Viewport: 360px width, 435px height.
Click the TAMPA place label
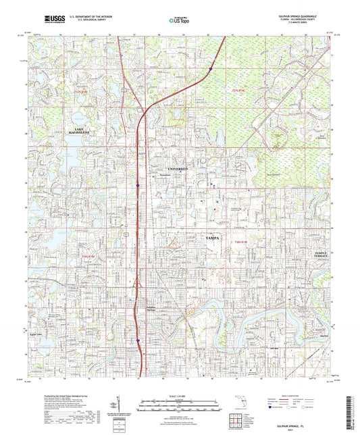pyautogui.click(x=208, y=238)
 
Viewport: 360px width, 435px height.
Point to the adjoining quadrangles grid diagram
pyautogui.click(x=238, y=420)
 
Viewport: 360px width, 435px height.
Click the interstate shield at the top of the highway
pyautogui.click(x=210, y=69)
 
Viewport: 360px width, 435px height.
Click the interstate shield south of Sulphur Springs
pyautogui.click(x=138, y=340)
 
